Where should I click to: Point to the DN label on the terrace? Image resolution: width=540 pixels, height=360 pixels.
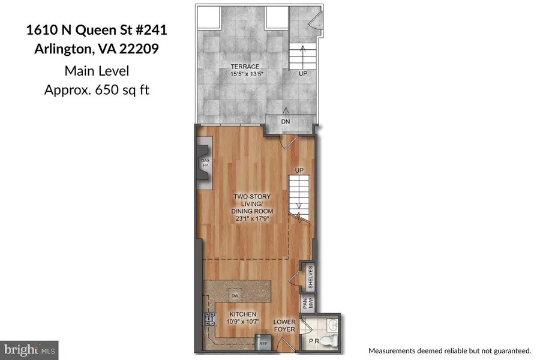pos(286,121)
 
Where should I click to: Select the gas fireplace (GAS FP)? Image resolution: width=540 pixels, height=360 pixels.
pos(205,163)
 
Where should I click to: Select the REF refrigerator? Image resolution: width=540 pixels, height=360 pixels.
pos(263,343)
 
